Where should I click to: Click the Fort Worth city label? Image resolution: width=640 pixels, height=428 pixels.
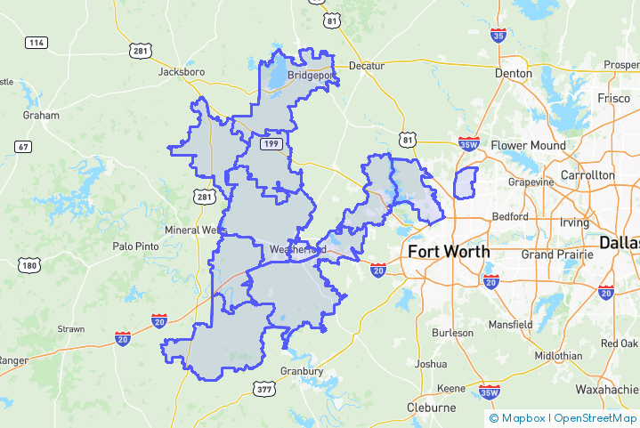449,252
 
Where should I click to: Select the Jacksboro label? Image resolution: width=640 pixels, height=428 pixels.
182,71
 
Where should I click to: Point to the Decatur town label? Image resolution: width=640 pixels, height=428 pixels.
366,66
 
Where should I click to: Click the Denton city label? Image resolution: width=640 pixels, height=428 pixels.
514,73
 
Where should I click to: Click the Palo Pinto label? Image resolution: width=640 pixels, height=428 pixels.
134,246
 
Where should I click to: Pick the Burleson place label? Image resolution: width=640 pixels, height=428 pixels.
453,333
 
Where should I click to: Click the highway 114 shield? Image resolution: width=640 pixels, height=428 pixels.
36,43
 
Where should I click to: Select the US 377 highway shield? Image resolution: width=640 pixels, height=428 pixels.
263,389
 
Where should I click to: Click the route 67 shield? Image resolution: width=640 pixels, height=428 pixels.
23,146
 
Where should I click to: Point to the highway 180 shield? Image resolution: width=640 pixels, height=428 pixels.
28,265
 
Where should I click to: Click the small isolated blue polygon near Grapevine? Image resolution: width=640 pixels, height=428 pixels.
465,182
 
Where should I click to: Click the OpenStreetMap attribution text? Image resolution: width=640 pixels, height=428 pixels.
595,417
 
